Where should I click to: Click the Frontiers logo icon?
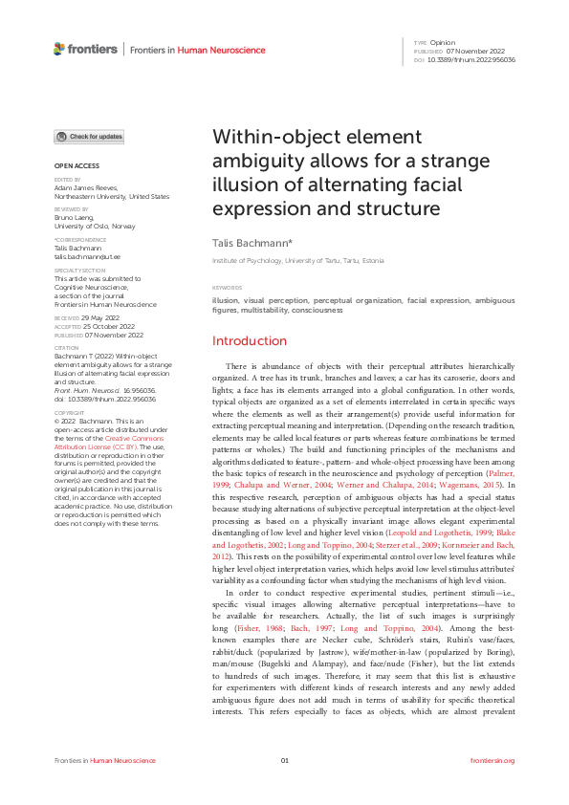(60, 49)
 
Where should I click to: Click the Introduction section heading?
(249, 341)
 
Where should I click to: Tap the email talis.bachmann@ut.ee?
(86, 257)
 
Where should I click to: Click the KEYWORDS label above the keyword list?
(227, 288)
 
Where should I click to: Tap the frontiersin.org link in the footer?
(492, 760)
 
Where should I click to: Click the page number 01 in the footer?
(284, 760)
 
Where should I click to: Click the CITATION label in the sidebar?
(66, 348)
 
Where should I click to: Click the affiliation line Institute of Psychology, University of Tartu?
(297, 261)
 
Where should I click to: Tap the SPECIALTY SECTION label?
(77, 271)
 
